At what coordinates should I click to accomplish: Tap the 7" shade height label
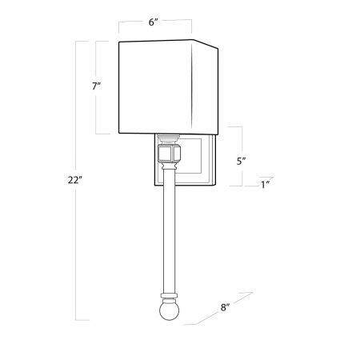[96, 86]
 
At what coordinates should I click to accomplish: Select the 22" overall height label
[74, 180]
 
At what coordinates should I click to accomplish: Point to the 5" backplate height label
[241, 161]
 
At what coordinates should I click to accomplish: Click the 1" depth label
[266, 185]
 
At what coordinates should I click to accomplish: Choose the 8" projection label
[225, 307]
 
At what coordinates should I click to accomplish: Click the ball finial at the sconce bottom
[169, 310]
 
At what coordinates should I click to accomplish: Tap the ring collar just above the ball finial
[169, 296]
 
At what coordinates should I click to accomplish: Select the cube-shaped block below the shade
[169, 154]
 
